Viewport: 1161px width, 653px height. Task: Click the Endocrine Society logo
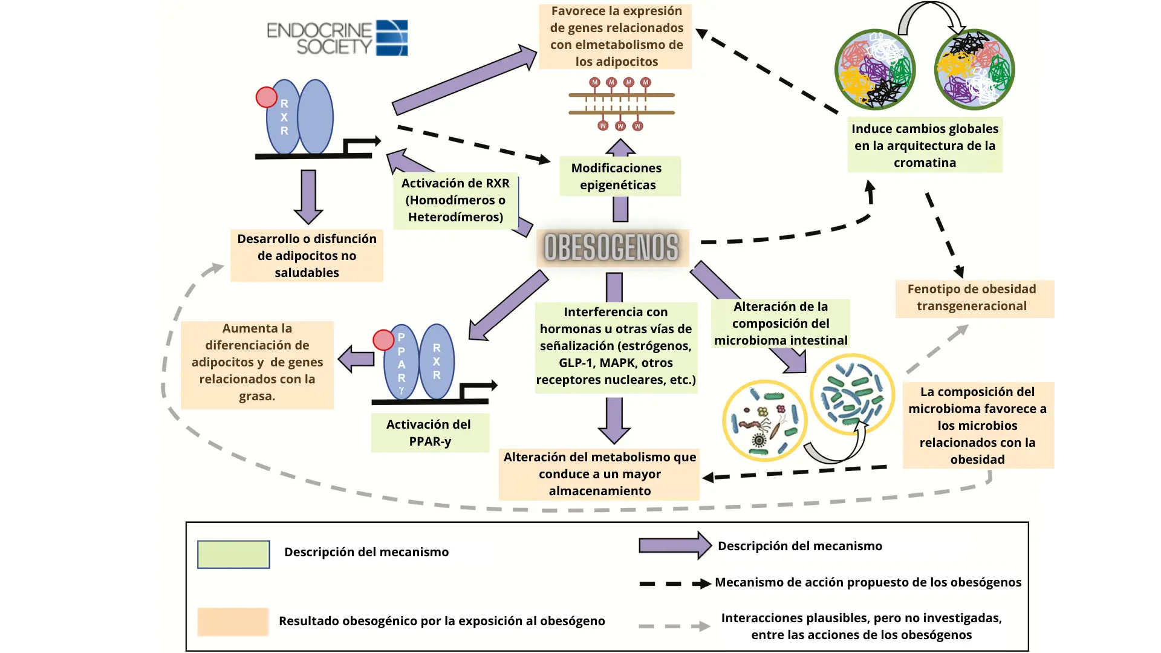click(x=337, y=37)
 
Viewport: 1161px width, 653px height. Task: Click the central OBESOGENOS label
click(x=611, y=247)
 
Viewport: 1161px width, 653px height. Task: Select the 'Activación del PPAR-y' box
click(x=429, y=433)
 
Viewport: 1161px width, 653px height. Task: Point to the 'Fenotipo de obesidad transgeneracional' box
click(x=974, y=298)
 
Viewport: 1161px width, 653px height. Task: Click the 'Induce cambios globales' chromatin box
click(x=925, y=145)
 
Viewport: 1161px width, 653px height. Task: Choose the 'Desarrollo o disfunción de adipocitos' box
click(x=307, y=256)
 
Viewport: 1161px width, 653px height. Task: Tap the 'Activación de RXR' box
click(x=455, y=200)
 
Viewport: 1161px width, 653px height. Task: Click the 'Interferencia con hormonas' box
click(x=616, y=346)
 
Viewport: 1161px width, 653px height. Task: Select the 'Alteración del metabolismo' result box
click(x=599, y=474)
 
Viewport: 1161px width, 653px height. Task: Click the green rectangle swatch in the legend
click(x=233, y=554)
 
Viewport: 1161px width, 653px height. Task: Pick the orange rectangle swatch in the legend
click(x=233, y=622)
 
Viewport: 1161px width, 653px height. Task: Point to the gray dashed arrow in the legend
click(x=674, y=626)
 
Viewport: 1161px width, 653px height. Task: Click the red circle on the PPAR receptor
click(x=383, y=340)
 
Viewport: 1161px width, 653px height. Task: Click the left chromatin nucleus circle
click(x=874, y=70)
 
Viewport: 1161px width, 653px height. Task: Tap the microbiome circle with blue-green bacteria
click(x=852, y=394)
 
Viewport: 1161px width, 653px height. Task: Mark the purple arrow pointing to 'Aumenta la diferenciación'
click(x=357, y=359)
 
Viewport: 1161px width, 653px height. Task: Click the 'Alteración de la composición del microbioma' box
click(x=781, y=323)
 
